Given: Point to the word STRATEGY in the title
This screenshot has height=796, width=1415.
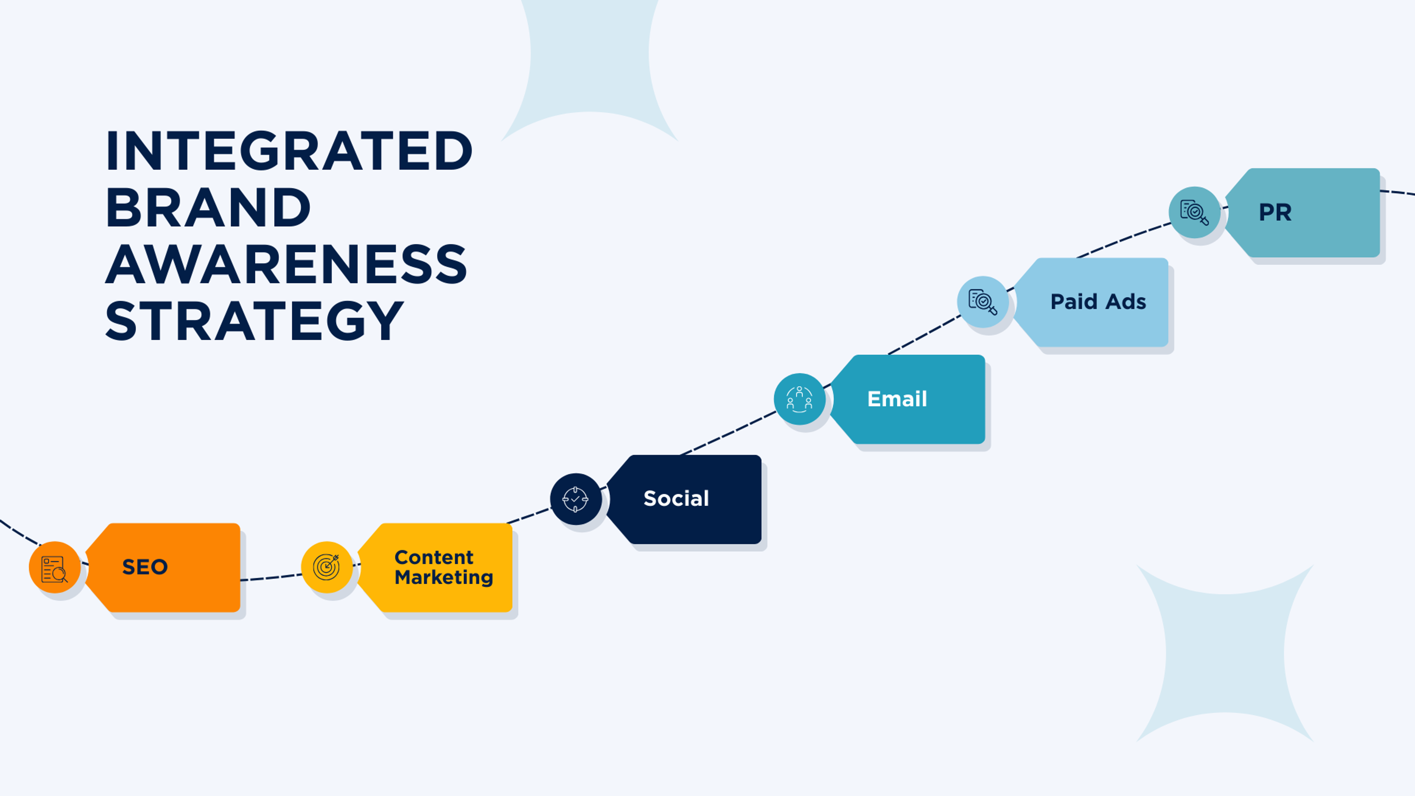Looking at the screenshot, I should coord(254,321).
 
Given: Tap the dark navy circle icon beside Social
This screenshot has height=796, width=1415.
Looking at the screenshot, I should coord(576,499).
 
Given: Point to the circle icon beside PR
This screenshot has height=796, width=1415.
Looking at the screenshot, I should coord(1194,212).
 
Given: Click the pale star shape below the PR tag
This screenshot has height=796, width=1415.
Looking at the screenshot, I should coord(1224,654).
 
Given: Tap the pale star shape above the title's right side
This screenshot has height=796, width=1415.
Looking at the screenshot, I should coord(590,60).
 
